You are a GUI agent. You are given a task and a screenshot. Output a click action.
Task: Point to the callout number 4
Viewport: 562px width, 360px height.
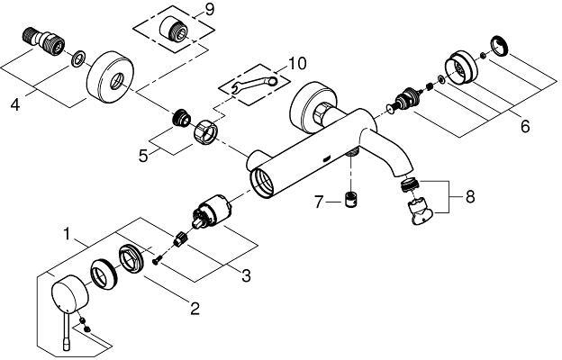click(15, 105)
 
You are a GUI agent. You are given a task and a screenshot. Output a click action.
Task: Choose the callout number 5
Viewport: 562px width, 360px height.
click(144, 154)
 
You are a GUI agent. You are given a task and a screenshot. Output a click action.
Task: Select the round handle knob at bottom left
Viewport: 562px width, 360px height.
click(66, 292)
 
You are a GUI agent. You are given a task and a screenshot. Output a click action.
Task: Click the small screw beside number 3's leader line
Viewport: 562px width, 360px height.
click(157, 262)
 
